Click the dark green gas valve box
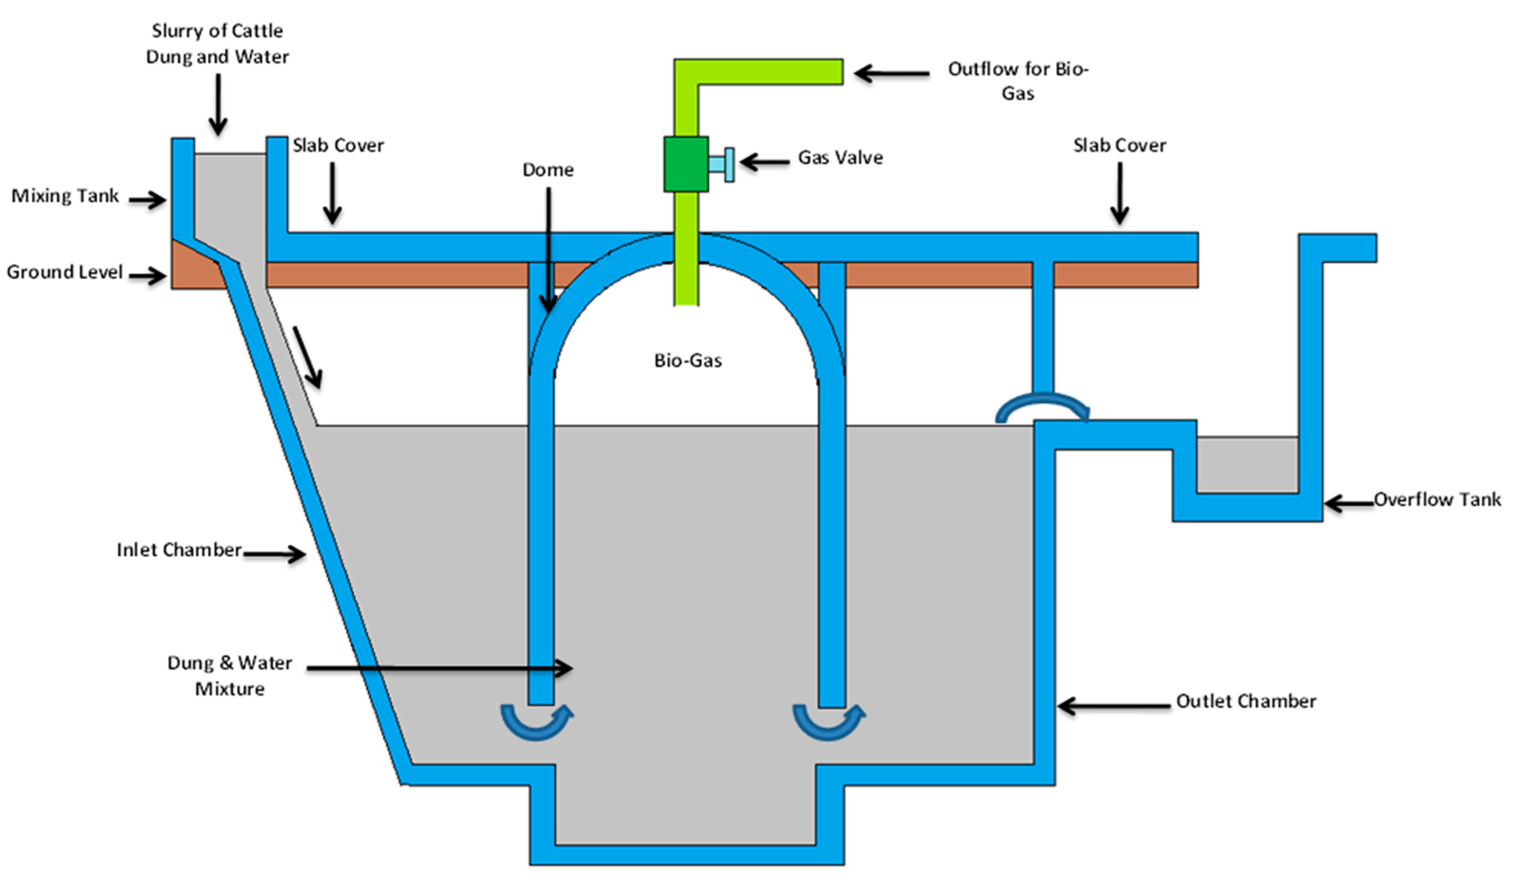click(686, 164)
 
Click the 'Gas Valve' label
click(840, 158)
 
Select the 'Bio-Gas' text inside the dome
click(687, 360)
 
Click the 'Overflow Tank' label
click(1437, 499)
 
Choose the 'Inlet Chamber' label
click(179, 550)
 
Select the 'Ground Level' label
click(64, 272)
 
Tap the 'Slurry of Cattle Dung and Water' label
click(217, 43)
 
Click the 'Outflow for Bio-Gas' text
click(1018, 80)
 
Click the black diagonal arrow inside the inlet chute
click(307, 357)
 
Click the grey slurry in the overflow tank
click(1246, 464)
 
